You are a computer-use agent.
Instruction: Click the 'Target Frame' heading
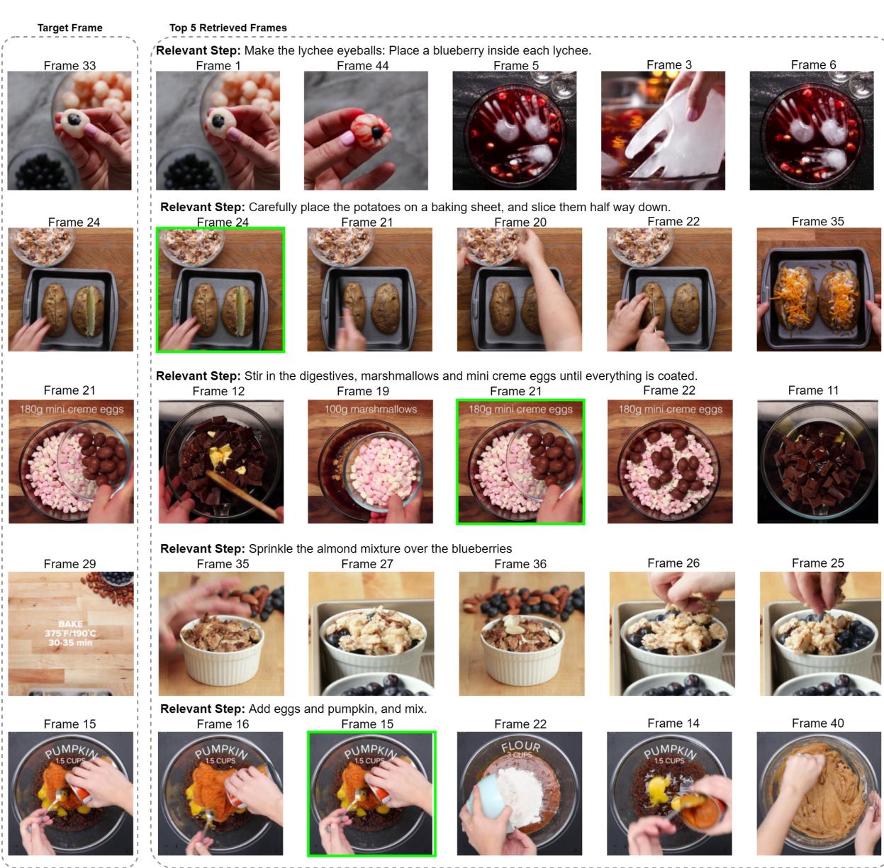[69, 28]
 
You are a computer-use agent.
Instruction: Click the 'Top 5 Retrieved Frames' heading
[228, 28]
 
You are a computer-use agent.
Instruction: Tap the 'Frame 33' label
[69, 65]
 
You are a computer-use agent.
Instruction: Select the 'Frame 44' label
[363, 65]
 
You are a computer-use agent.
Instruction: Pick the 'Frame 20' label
[520, 222]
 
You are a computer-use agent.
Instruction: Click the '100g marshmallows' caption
[371, 409]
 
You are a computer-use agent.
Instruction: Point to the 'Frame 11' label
[813, 390]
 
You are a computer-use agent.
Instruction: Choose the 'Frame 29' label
[69, 564]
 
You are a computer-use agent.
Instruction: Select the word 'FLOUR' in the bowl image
[520, 746]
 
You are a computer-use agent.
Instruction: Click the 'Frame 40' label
[818, 723]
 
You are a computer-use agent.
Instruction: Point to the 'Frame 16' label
[223, 724]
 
